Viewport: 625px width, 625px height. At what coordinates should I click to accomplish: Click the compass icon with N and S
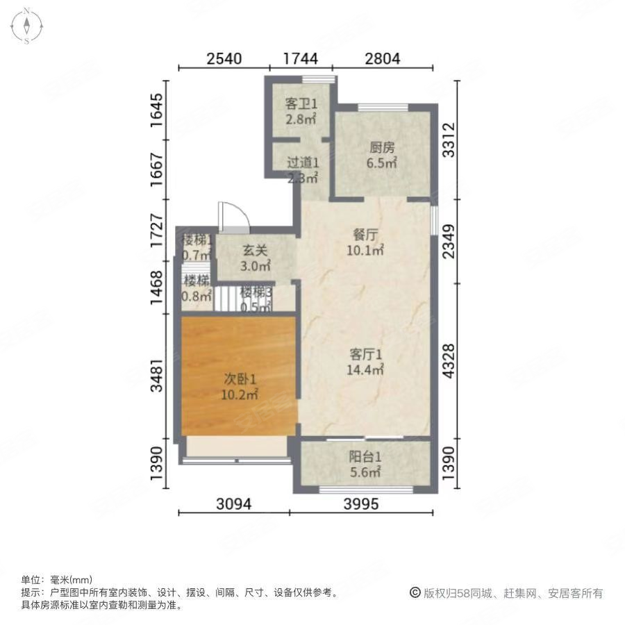click(26, 26)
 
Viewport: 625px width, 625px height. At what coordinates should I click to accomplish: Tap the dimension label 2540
click(224, 59)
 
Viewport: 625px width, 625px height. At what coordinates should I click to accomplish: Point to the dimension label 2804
click(383, 59)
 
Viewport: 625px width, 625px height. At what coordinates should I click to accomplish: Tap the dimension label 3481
click(158, 375)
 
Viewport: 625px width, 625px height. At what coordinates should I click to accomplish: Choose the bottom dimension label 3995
click(360, 505)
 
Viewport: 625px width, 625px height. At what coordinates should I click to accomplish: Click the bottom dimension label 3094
click(233, 505)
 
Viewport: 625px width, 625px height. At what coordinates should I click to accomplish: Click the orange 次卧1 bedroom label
click(240, 387)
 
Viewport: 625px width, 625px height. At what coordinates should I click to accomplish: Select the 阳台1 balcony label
click(365, 465)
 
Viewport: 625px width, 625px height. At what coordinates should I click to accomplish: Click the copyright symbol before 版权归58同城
click(415, 593)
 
